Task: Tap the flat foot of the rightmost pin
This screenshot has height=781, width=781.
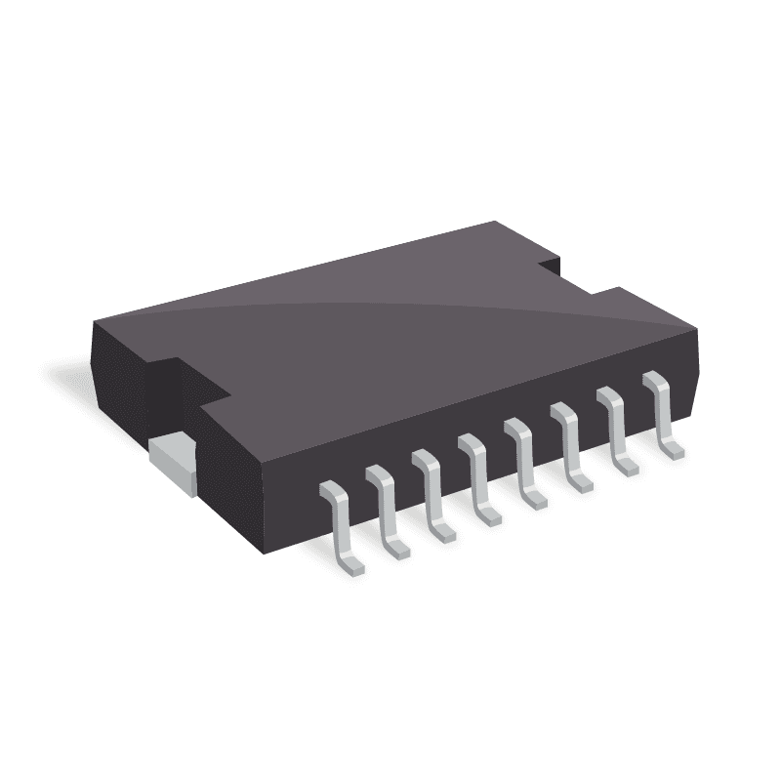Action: point(672,450)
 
